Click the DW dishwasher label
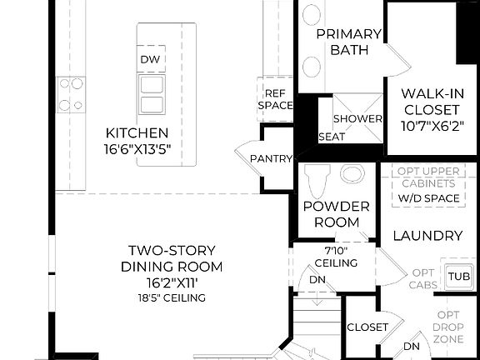(150, 59)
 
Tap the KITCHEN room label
(137, 132)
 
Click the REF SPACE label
(275, 99)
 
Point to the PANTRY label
(272, 158)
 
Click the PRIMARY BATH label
(349, 42)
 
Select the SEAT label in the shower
(332, 137)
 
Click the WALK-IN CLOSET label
(431, 101)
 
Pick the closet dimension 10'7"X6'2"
(431, 127)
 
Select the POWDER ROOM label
(337, 214)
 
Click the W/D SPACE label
(429, 198)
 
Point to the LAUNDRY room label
(427, 236)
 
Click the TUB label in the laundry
(457, 276)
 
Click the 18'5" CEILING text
(172, 297)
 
